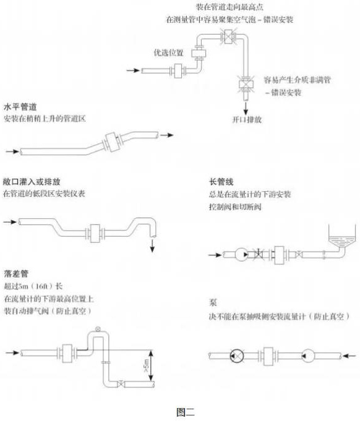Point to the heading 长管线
click(220, 182)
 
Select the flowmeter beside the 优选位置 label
click(199, 54)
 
